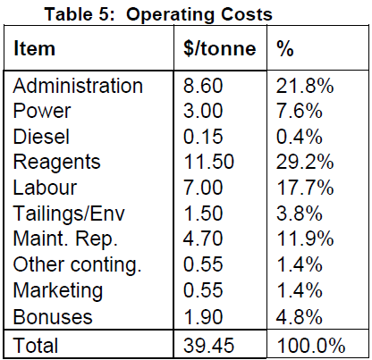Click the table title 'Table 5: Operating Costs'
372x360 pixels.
click(x=158, y=14)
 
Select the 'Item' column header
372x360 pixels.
click(x=34, y=48)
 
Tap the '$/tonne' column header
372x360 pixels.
click(x=220, y=48)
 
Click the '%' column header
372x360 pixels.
click(x=285, y=48)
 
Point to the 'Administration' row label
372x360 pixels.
click(x=78, y=86)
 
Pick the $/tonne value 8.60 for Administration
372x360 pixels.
click(x=203, y=86)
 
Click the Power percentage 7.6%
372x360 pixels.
click(x=300, y=111)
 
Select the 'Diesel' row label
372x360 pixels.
click(x=41, y=137)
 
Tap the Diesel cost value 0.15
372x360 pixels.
click(x=203, y=137)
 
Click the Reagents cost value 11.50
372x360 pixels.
click(x=208, y=162)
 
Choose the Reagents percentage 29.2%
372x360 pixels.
click(x=305, y=162)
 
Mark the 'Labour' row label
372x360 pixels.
click(x=45, y=188)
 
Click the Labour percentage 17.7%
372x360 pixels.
click(x=305, y=188)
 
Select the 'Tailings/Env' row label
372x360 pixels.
click(x=69, y=213)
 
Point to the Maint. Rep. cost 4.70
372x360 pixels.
click(x=203, y=239)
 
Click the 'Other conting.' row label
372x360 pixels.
click(x=77, y=264)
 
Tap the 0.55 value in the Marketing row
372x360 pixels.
click(x=203, y=290)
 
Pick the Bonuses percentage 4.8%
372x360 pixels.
click(x=300, y=316)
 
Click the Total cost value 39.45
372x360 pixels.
click(x=208, y=346)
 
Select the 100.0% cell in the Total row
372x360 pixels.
click(x=311, y=346)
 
